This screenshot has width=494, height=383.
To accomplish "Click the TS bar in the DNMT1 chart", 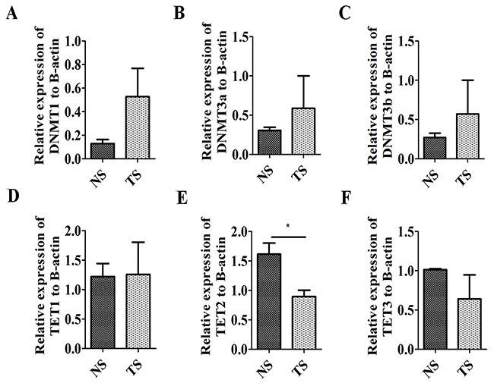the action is click(138, 127).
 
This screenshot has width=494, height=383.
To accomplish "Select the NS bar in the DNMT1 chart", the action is click(103, 151).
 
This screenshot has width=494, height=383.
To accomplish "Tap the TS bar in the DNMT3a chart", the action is click(303, 131).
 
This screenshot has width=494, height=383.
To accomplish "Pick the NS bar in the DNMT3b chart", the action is click(435, 148).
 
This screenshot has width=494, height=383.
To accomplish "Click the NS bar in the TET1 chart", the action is click(103, 312).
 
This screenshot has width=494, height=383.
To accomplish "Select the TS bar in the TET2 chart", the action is click(303, 322).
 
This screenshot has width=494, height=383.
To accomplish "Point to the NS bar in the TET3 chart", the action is click(435, 309).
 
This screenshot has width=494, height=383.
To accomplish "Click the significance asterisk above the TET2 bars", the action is click(287, 225).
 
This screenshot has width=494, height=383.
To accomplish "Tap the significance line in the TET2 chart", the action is click(288, 237).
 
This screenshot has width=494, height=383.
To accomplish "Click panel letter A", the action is click(11, 14).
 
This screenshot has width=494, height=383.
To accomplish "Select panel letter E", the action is click(182, 199).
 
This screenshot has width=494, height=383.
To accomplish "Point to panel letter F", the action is click(346, 199).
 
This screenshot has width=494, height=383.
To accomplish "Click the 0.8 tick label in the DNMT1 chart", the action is click(73, 64).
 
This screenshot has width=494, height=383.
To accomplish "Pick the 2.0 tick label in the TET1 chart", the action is click(73, 231).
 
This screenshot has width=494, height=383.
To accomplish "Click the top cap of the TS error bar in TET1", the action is click(138, 242).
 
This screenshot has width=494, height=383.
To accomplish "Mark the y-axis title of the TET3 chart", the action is click(379, 286).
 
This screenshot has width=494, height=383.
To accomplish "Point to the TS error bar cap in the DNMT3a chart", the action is click(303, 76).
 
